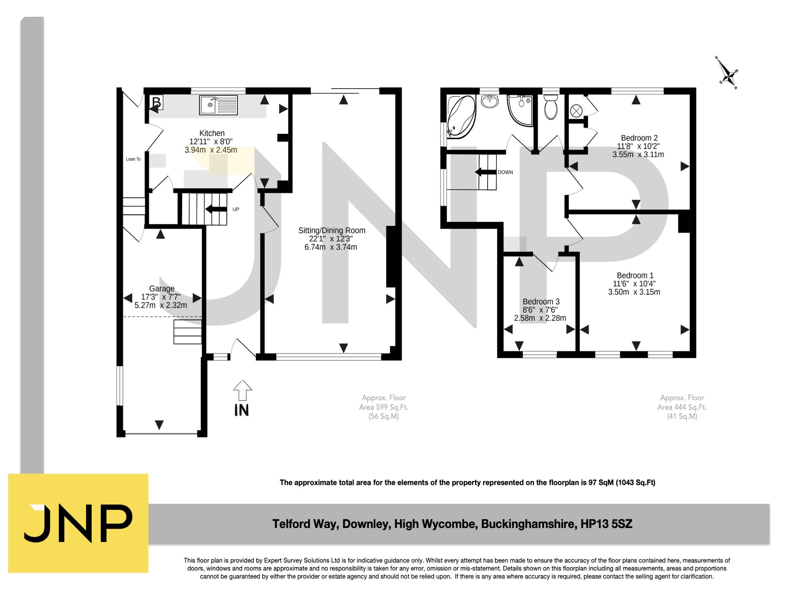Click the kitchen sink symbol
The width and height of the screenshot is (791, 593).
218,105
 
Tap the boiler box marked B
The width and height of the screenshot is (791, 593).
156,102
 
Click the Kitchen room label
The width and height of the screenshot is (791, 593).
212,133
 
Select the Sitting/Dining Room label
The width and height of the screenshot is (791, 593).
332,230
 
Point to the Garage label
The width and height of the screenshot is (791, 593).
162,288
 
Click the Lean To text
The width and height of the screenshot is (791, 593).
133,159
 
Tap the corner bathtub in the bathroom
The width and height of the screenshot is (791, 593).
461,117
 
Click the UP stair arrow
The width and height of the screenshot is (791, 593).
216,209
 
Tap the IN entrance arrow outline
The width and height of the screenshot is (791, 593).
243,390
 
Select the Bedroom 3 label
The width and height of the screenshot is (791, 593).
541,302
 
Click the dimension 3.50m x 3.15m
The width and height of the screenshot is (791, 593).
634,292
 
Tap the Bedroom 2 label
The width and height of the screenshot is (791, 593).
639,138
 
